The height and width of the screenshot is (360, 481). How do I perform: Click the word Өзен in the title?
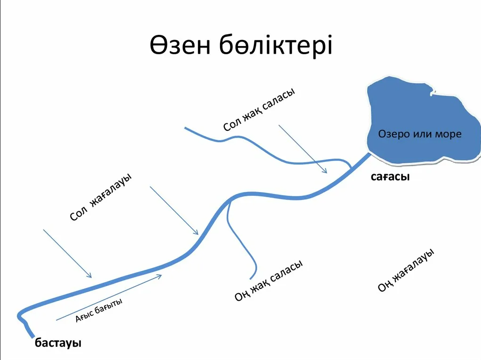pyautogui.click(x=180, y=46)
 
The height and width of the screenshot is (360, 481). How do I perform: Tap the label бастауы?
pyautogui.click(x=58, y=343)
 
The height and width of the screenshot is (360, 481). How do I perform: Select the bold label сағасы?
pyautogui.click(x=390, y=177)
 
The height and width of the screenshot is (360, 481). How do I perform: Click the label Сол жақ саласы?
pyautogui.click(x=259, y=109)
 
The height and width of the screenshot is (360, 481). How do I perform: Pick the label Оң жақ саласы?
pyautogui.click(x=268, y=280)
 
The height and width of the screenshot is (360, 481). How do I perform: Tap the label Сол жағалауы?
pyautogui.click(x=101, y=197)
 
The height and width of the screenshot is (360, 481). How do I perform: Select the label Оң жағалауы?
pyautogui.click(x=406, y=270)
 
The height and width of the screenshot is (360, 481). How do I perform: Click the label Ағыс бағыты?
pyautogui.click(x=99, y=310)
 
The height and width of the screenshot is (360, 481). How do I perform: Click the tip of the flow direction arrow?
pyautogui.click(x=162, y=275)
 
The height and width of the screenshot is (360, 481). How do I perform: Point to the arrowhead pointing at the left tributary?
pyautogui.click(x=327, y=173)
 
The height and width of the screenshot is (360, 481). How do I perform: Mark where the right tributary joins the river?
pyautogui.click(x=229, y=201)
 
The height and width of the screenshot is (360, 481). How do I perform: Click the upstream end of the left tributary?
pyautogui.click(x=185, y=128)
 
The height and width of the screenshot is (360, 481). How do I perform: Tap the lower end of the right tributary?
pyautogui.click(x=251, y=279)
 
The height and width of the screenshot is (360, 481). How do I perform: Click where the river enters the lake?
pyautogui.click(x=370, y=154)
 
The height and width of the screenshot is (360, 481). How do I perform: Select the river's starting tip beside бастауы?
pyautogui.click(x=32, y=337)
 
